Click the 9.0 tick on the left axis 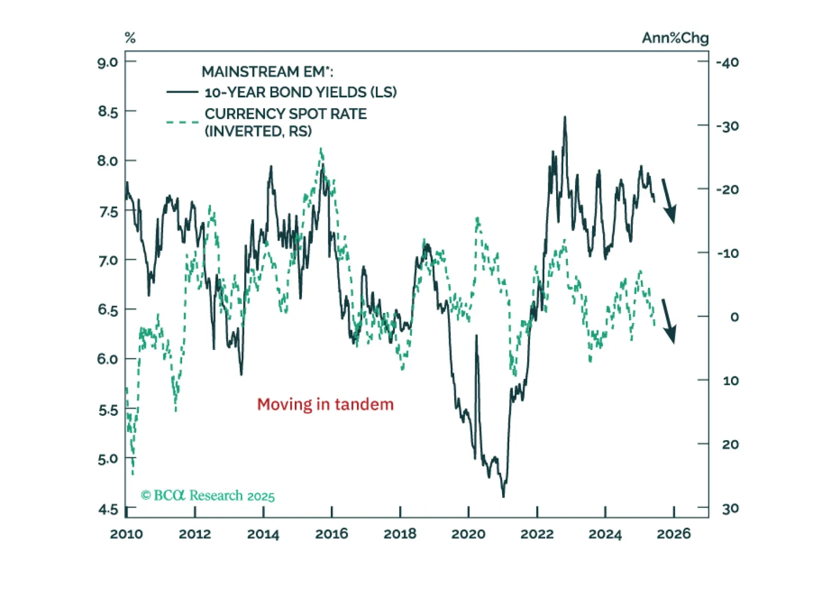coord(108,63)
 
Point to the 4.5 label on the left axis coord(108,510)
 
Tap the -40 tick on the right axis coord(727,63)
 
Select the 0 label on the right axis coord(735,317)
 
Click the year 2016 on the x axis coord(331,534)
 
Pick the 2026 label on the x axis coord(673,534)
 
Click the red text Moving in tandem coord(325,404)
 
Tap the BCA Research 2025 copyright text coord(208,495)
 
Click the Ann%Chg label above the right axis coord(675,38)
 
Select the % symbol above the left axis coord(130,38)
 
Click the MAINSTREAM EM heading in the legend coord(267,72)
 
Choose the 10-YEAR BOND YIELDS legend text coord(300,92)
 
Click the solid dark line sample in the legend coord(182,92)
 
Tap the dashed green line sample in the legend coord(182,122)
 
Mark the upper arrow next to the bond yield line coord(669,201)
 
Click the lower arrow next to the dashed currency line coord(668,321)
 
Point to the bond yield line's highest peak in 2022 coord(565,117)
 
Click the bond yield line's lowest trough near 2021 coord(503,496)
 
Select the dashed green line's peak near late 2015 coord(321,149)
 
